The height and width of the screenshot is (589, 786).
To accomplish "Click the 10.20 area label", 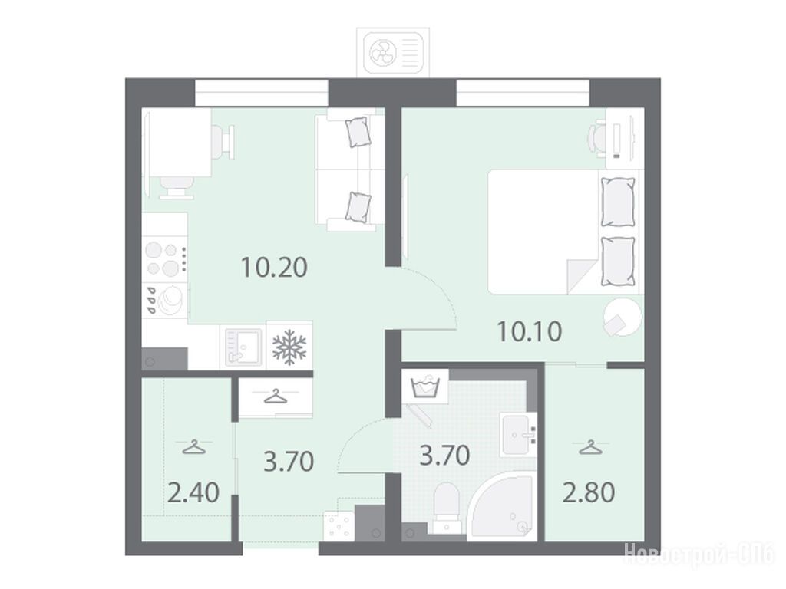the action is pyautogui.click(x=274, y=268).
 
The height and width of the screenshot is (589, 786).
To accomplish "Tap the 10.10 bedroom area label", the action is pyautogui.click(x=530, y=331).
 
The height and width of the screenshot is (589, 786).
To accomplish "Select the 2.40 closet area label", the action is pyautogui.click(x=193, y=493).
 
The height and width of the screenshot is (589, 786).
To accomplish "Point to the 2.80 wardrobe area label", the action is pyautogui.click(x=589, y=492).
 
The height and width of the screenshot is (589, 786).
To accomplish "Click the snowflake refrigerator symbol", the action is pyautogui.click(x=289, y=346).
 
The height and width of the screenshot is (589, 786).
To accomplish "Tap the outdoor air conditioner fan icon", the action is pyautogui.click(x=383, y=52).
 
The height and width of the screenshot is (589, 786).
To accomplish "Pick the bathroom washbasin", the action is pyautogui.click(x=519, y=435).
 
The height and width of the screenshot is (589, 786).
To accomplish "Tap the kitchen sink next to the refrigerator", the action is pyautogui.click(x=243, y=346).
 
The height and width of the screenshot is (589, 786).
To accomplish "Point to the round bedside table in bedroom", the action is pyautogui.click(x=623, y=317).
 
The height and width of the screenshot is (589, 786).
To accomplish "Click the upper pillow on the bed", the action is pyautogui.click(x=618, y=202).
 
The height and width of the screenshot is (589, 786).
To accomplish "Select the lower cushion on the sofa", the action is pyautogui.click(x=359, y=207).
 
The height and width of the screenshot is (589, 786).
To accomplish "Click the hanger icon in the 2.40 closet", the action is pyautogui.click(x=194, y=447).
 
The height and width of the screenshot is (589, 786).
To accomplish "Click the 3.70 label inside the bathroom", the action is pyautogui.click(x=444, y=456).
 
